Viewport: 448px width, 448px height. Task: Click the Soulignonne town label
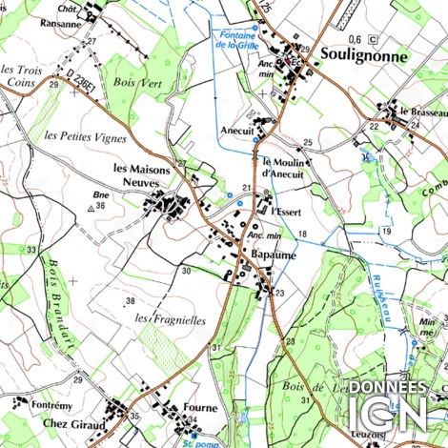[364, 56]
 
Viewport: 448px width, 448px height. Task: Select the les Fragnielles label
[171, 320]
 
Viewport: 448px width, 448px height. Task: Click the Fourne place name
[200, 408]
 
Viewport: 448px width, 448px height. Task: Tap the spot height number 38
[131, 301]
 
